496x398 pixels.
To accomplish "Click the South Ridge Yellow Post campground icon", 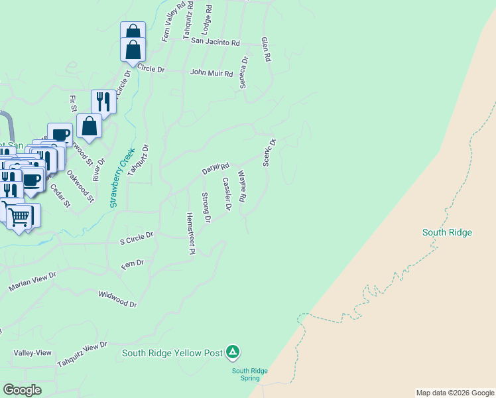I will [x=233, y=352].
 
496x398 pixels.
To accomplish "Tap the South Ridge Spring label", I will [x=250, y=374].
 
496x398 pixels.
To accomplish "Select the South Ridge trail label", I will [x=447, y=232].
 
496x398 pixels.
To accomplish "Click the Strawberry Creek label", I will [x=122, y=177].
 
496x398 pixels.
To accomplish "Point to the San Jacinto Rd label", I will [x=215, y=42].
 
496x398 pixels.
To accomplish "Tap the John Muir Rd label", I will [x=212, y=73].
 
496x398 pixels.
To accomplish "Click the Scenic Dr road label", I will [x=269, y=153].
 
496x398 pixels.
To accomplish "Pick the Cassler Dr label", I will [x=227, y=194].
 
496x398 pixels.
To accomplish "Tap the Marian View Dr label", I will [x=32, y=281].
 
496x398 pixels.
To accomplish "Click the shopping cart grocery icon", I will [x=20, y=216].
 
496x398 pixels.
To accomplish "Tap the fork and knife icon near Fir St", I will [x=103, y=101].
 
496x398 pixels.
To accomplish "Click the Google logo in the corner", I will [x=22, y=390].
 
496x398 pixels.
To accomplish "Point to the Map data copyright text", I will [x=455, y=393].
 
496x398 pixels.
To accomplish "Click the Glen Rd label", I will [x=266, y=49].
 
